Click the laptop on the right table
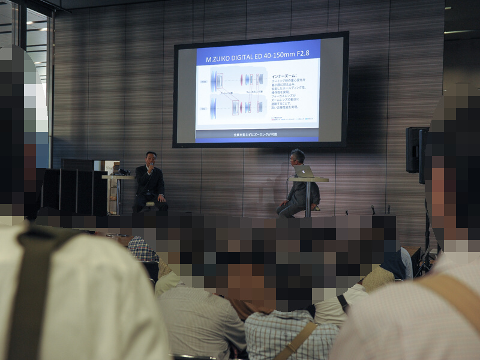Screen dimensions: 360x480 [304, 172]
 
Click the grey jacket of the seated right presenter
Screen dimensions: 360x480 [298, 192]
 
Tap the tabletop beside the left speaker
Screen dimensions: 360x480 [118, 176]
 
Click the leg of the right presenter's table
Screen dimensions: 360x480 [308, 198]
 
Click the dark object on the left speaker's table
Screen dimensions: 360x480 [122, 172]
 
